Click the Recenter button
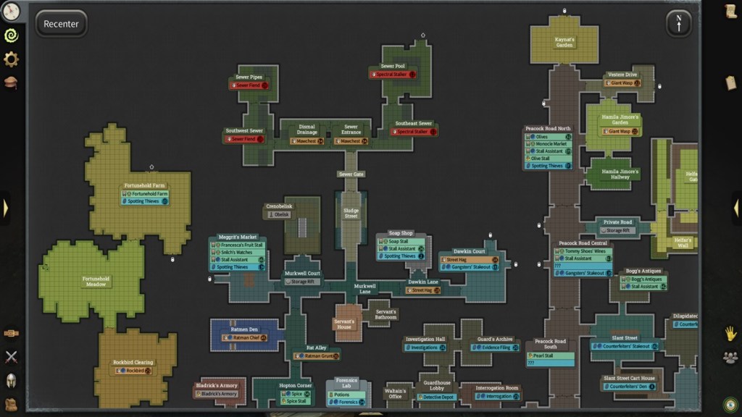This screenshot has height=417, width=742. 61,24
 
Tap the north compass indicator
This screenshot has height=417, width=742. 678,23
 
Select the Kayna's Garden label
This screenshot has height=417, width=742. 564,42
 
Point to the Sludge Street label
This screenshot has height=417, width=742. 351,214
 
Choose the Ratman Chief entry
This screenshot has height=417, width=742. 249,338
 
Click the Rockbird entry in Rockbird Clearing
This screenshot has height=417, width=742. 133,371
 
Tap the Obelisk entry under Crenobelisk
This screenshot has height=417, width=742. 280,214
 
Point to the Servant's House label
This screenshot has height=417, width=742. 344,324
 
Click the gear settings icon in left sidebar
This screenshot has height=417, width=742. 11,59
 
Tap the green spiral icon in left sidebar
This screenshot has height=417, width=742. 11,35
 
